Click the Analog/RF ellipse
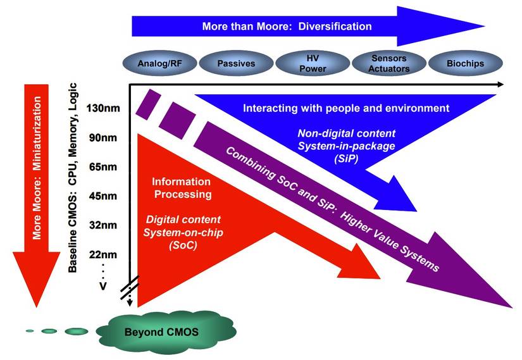[158, 64]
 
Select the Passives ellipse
[235, 64]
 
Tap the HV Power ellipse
[312, 64]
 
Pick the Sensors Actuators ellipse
[388, 64]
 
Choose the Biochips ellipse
[465, 64]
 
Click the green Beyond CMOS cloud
[161, 331]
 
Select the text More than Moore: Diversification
[287, 27]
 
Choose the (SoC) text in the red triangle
[182, 245]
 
